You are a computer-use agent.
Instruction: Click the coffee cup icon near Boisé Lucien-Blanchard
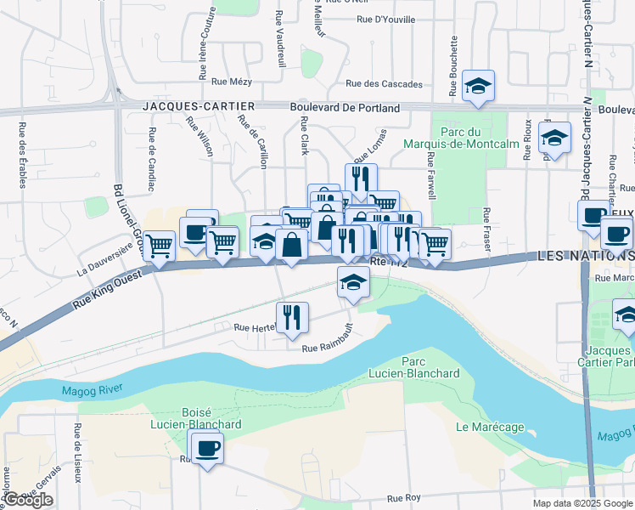point(206,446)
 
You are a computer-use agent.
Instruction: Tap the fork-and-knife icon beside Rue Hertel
point(291,317)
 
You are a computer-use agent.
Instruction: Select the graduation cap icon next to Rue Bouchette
point(479,86)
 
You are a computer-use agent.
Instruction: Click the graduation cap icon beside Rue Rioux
point(554,138)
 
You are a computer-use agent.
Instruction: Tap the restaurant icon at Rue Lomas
point(361,179)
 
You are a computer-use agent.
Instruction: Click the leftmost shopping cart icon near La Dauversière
point(159,246)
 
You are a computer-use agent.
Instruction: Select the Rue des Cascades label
point(384,84)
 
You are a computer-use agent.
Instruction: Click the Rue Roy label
point(403,499)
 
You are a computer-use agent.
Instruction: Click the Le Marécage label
point(490,427)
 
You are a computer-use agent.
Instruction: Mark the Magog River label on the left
point(92,390)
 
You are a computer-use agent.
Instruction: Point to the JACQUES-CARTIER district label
point(199,106)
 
